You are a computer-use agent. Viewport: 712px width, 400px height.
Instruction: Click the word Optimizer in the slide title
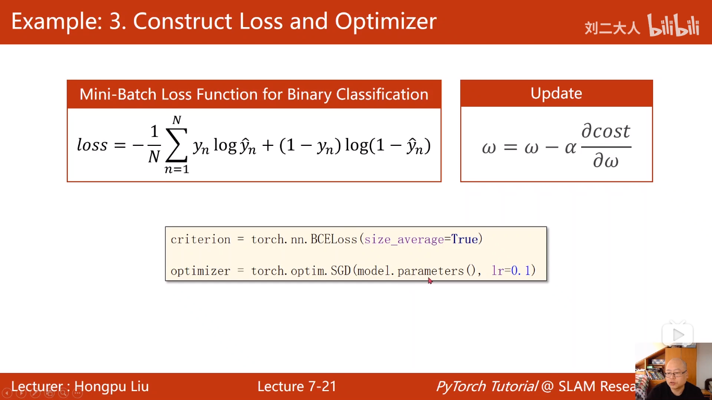(x=386, y=21)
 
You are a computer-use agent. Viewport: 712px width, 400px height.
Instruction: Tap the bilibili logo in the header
(x=673, y=25)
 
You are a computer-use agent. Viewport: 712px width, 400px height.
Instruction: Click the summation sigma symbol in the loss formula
(x=177, y=145)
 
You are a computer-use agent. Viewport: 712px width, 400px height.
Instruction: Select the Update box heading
(x=556, y=93)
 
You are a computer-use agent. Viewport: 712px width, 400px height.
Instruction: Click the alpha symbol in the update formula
(x=570, y=147)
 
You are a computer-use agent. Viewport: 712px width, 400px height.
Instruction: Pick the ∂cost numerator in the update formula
(x=606, y=131)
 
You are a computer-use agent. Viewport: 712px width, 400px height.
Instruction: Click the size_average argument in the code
(x=404, y=240)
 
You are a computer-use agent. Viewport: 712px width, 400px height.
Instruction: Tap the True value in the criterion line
(x=464, y=239)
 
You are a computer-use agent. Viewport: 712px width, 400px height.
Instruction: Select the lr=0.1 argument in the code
(x=511, y=270)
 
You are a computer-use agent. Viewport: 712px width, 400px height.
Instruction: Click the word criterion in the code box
(x=201, y=239)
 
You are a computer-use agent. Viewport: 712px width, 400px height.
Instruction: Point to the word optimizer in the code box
(x=201, y=271)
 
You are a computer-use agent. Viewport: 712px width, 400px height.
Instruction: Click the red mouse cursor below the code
(x=429, y=281)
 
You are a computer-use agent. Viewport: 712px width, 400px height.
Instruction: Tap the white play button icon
(x=678, y=334)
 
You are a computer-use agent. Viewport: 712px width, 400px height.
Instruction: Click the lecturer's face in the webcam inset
(x=676, y=371)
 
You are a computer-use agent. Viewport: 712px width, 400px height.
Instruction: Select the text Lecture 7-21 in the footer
(x=297, y=386)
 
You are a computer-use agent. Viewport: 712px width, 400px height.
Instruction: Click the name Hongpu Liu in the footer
(x=112, y=387)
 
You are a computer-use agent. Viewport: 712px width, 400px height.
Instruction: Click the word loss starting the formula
(x=92, y=145)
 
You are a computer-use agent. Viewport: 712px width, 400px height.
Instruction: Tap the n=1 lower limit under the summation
(x=177, y=169)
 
